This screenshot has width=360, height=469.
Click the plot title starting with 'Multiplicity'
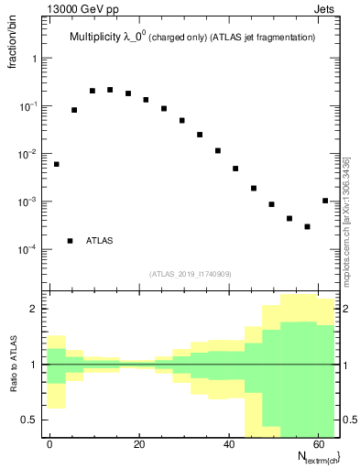(x=192, y=38)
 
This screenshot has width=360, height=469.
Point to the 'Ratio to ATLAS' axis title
(x=13, y=364)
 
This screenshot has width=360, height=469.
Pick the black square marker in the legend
(x=70, y=241)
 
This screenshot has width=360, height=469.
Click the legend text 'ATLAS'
(x=100, y=241)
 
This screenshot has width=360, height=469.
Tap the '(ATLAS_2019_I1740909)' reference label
(x=191, y=274)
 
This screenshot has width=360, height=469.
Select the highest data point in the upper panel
(x=110, y=90)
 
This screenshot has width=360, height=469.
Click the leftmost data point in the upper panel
(x=57, y=164)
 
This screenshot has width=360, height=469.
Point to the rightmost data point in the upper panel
(x=325, y=201)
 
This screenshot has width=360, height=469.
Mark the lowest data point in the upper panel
(x=307, y=226)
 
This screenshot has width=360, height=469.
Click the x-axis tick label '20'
(x=138, y=444)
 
